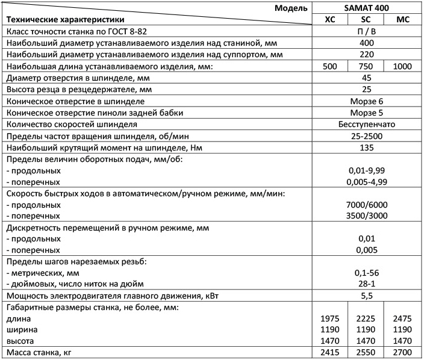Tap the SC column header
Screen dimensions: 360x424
(x=366, y=20)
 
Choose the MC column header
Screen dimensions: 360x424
(x=403, y=20)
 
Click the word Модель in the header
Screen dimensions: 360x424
(x=291, y=8)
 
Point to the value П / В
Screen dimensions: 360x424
(x=366, y=31)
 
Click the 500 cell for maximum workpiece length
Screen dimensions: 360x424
(x=329, y=66)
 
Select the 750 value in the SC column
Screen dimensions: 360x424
(x=366, y=66)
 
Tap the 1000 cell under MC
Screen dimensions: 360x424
(x=403, y=66)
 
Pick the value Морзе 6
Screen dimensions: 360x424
(x=366, y=101)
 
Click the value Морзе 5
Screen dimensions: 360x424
(x=366, y=113)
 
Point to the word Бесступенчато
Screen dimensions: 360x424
(x=366, y=124)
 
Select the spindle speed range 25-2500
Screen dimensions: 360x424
(x=366, y=135)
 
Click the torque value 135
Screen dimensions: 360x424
(x=366, y=147)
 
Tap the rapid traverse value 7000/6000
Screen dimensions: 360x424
(x=366, y=204)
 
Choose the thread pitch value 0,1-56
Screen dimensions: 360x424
(x=366, y=273)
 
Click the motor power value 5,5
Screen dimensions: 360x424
(x=366, y=296)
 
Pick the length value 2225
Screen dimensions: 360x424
(x=366, y=318)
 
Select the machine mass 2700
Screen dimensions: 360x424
(x=403, y=353)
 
